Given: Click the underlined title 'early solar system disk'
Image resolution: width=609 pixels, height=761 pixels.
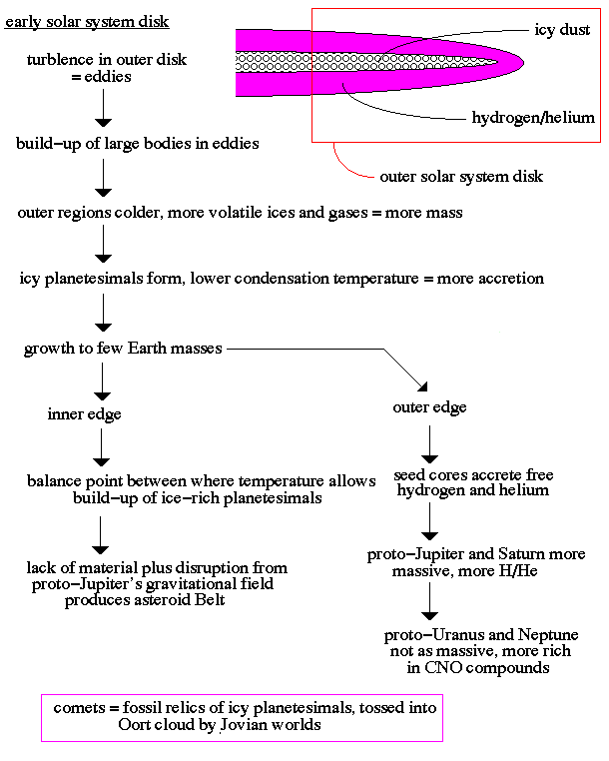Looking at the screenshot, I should (x=87, y=21).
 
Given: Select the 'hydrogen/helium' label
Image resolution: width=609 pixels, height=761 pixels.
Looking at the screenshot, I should (x=533, y=118).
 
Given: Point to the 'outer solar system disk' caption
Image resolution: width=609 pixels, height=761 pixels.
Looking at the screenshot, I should (x=461, y=177).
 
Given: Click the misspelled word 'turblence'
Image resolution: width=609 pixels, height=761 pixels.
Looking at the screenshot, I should (x=66, y=60).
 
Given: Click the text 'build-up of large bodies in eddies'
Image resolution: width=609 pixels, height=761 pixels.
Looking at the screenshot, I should (x=137, y=144).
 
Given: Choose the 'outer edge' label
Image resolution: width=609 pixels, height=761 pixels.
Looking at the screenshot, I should (x=430, y=407).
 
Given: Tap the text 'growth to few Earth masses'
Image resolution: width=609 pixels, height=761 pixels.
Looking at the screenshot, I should (x=123, y=350).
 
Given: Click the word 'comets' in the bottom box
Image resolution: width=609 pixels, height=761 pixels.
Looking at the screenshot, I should (x=79, y=707).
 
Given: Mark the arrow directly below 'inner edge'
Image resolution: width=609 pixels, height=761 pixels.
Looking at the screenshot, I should (x=102, y=447).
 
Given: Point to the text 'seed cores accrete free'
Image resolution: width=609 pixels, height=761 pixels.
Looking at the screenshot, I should (x=473, y=475).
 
